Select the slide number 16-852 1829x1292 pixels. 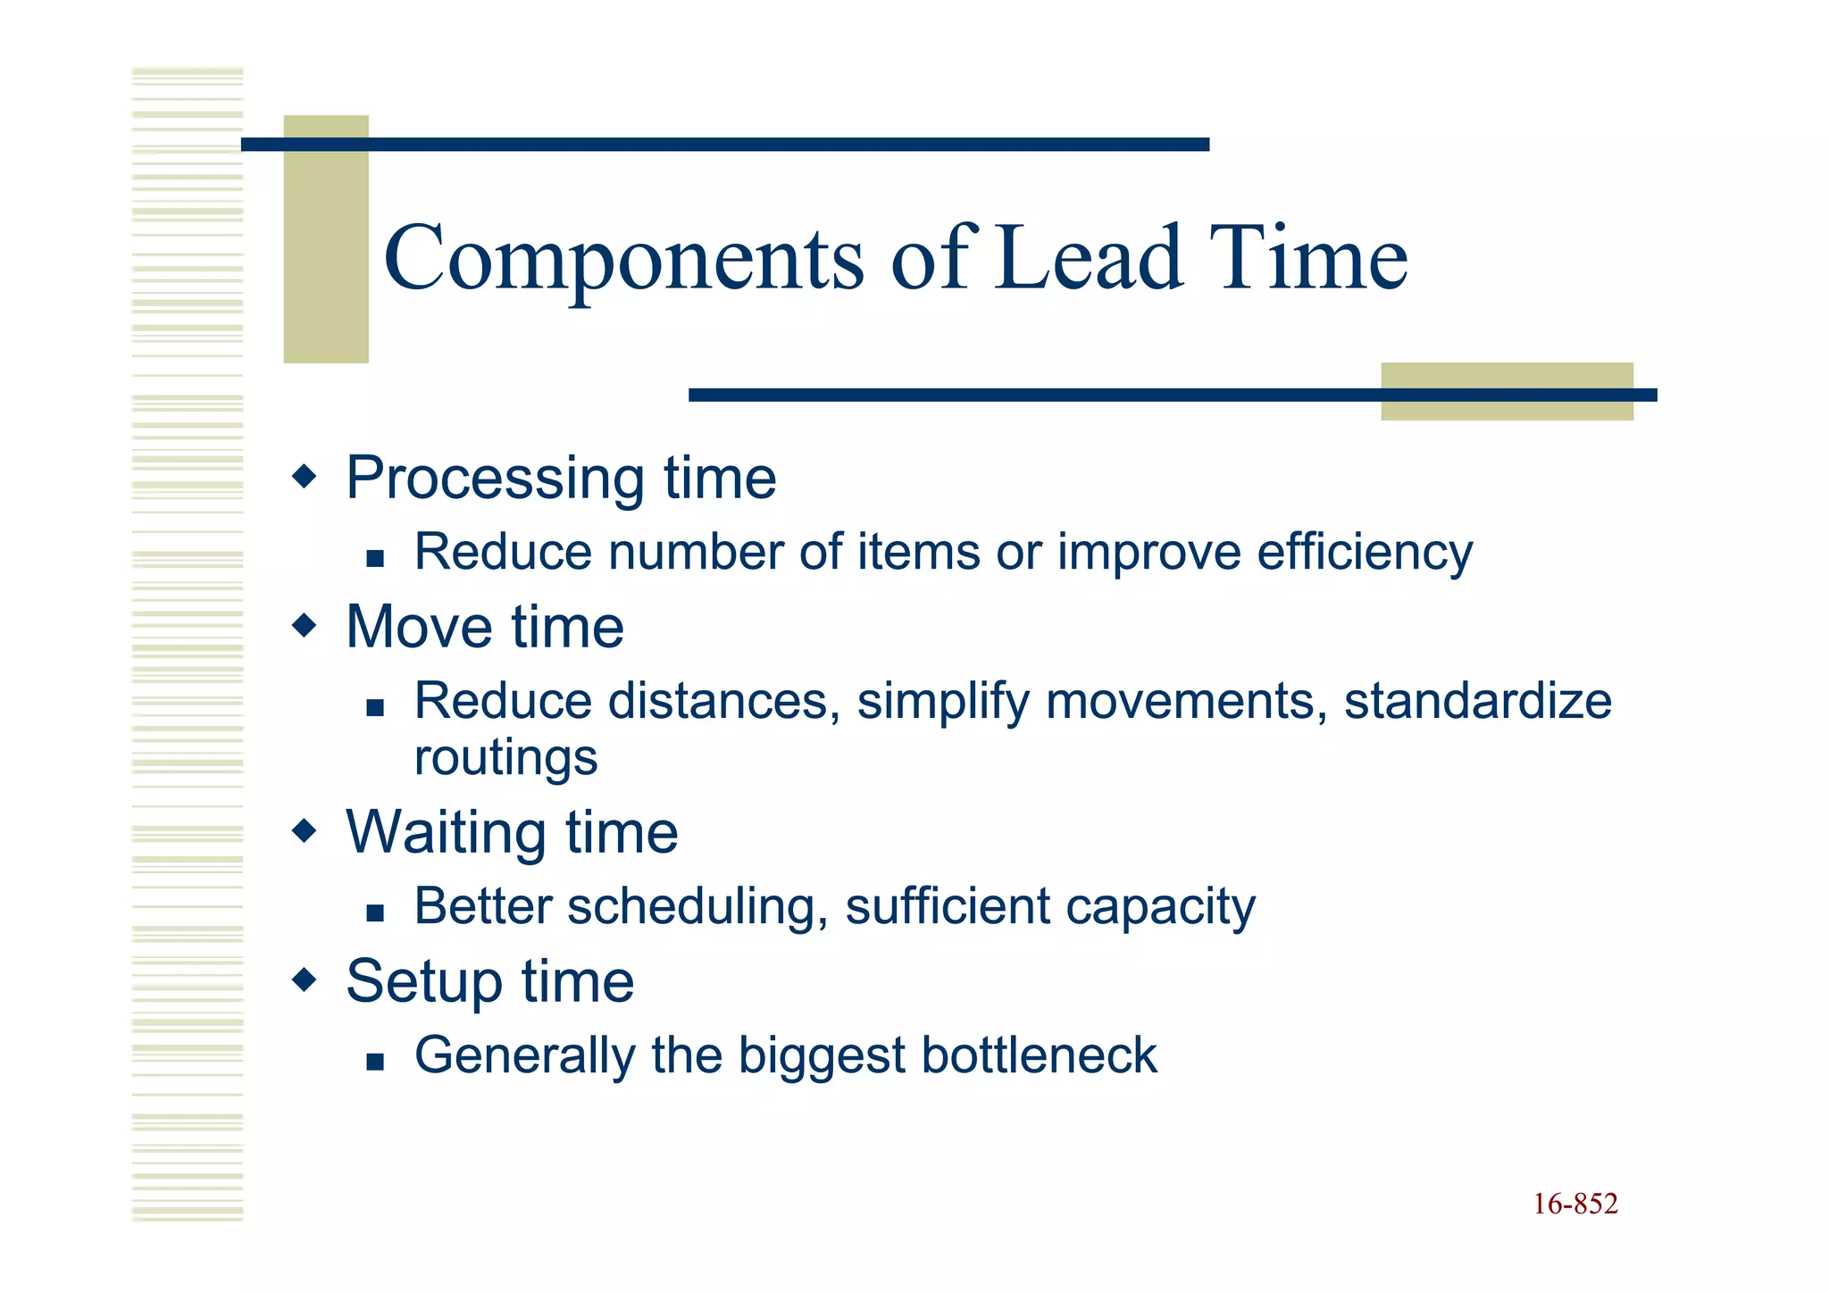(1575, 1204)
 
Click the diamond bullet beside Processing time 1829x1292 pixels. (305, 476)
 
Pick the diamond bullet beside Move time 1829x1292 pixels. (305, 625)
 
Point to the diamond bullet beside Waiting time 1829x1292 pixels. (305, 831)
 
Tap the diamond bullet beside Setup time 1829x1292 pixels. (305, 980)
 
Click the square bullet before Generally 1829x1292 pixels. (375, 1062)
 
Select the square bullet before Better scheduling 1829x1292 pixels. (375, 913)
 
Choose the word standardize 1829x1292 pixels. (1478, 701)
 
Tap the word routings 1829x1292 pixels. (505, 759)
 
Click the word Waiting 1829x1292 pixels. (446, 833)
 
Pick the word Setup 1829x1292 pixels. (424, 982)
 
